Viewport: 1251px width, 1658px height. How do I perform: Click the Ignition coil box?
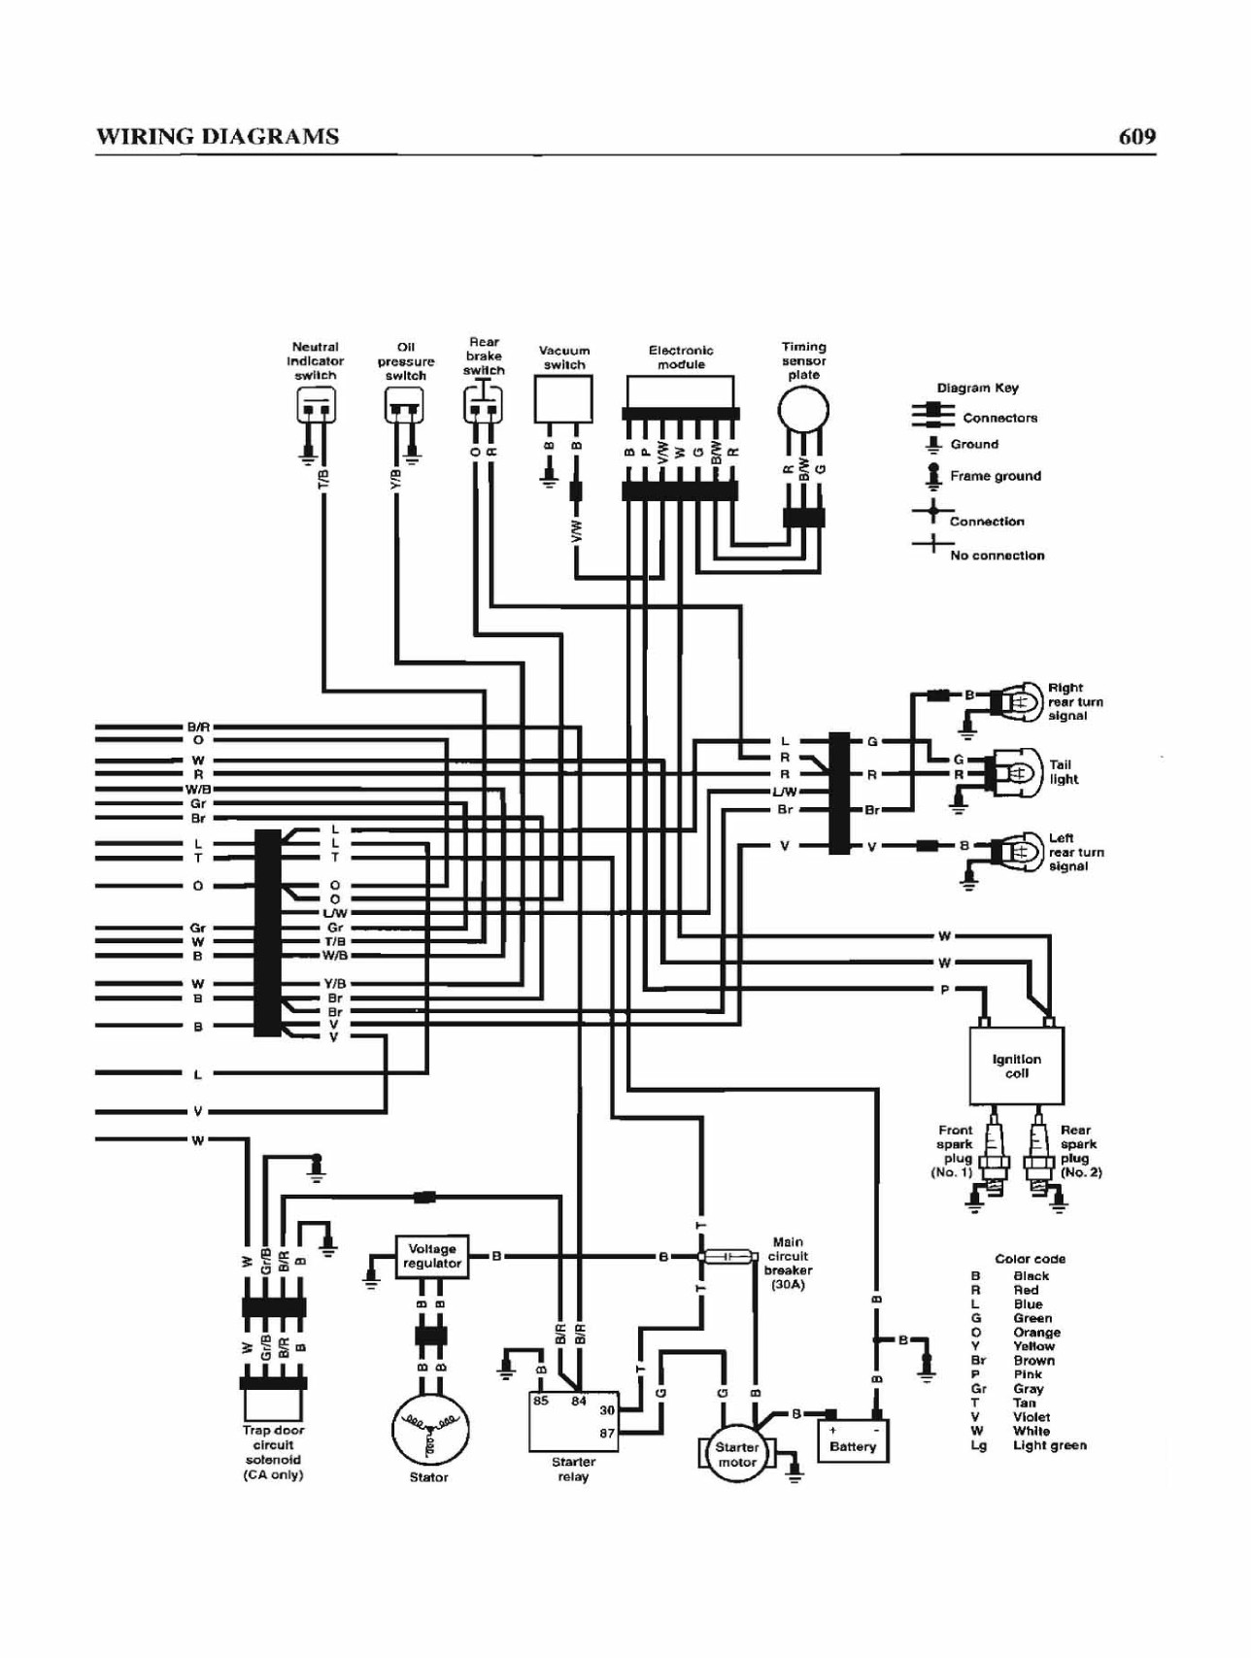[x=1016, y=1066]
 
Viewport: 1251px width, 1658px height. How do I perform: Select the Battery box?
[x=853, y=1440]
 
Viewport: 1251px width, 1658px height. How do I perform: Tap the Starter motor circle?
[x=736, y=1454]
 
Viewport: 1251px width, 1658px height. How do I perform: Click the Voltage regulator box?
[x=432, y=1256]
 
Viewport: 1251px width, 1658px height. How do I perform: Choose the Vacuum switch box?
[x=563, y=399]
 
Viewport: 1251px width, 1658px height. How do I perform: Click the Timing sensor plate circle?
[x=803, y=411]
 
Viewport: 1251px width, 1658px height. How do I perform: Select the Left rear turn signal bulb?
[x=1016, y=851]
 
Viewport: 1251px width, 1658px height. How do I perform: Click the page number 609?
[x=1137, y=136]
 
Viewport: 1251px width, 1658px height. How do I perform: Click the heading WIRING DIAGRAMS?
[x=218, y=136]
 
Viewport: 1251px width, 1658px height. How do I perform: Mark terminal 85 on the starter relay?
[x=541, y=1402]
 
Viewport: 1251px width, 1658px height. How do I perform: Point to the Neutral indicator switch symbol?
[x=316, y=404]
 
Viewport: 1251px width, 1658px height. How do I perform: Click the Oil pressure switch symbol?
[x=404, y=404]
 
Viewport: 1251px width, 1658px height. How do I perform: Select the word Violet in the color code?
[x=1031, y=1417]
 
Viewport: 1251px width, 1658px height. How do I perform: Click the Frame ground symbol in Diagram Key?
[x=933, y=476]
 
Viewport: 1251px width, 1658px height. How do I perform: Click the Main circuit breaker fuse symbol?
[x=727, y=1257]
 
